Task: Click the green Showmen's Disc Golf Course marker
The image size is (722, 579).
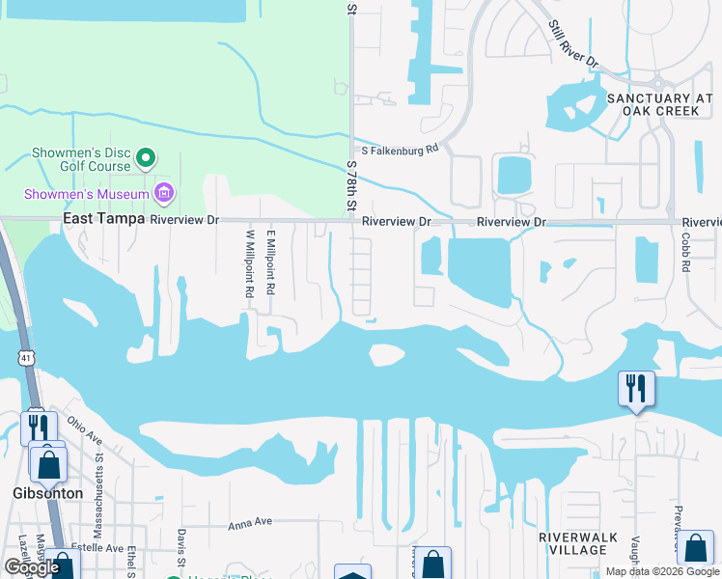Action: (146, 156)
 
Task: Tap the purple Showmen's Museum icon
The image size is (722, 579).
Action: (164, 193)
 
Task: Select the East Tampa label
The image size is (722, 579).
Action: (103, 219)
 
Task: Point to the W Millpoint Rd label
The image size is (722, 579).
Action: (249, 262)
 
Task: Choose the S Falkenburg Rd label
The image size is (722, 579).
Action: (400, 150)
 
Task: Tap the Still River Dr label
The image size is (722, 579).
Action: (574, 44)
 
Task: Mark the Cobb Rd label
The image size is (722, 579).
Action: (685, 252)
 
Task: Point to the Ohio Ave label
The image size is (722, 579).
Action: (85, 429)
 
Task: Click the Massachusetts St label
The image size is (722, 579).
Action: (99, 473)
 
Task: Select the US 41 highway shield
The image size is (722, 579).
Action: (25, 358)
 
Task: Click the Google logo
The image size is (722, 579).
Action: (32, 567)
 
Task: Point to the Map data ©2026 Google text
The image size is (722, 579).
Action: (661, 571)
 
